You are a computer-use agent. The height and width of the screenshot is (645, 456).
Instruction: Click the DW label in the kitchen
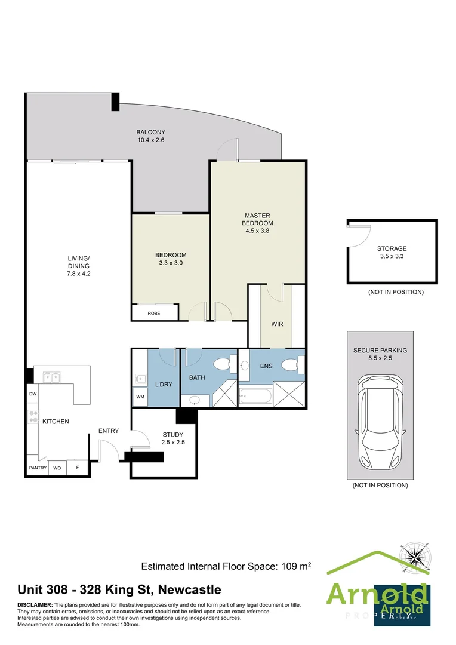click(32, 394)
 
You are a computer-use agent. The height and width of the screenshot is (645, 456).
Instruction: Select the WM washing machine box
click(141, 397)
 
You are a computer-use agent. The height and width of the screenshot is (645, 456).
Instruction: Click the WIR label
click(277, 324)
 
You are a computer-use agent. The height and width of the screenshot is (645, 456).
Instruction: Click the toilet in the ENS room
click(291, 365)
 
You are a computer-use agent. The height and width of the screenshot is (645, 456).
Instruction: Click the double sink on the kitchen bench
click(51, 377)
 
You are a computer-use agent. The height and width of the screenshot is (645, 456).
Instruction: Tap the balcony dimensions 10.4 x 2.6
click(150, 140)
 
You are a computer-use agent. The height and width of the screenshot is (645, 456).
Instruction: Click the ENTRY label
click(109, 431)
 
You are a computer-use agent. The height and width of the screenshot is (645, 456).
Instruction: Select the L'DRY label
click(163, 384)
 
